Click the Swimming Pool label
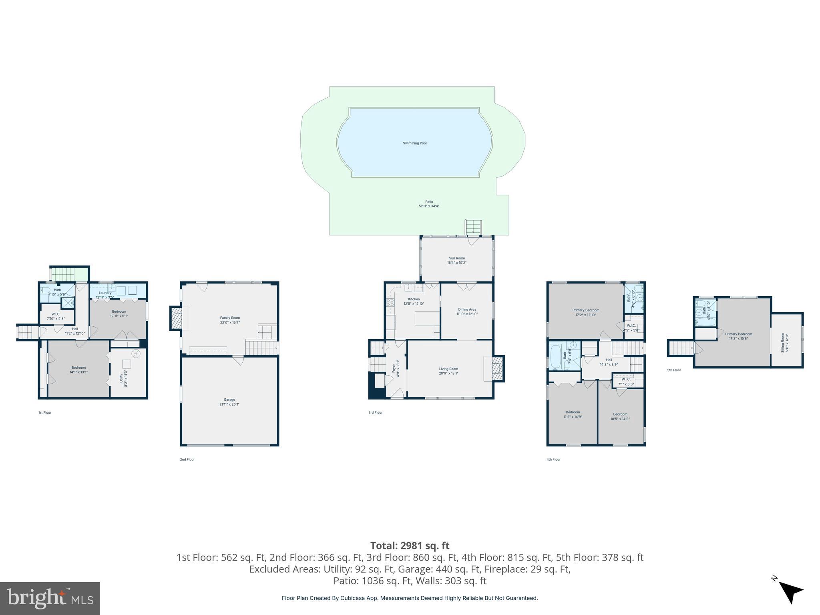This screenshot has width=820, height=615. pos(414,143)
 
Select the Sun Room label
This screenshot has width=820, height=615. pos(456,258)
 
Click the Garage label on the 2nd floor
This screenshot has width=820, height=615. pos(229,400)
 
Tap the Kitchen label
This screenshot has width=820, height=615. pos(414,299)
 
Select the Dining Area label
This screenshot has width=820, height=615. pos(467,310)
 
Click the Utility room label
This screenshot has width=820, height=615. pos(121,378)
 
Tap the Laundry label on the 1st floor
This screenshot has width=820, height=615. pos(105,293)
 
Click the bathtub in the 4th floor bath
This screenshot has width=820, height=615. pos(555,356)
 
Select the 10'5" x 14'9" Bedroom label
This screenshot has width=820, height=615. pos(620,414)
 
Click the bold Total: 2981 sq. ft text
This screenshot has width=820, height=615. pos(410,546)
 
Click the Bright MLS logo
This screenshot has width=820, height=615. pos(50,598)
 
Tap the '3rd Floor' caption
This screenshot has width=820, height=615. pos(375,412)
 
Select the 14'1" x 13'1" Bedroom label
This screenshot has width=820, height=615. pos(78,368)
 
